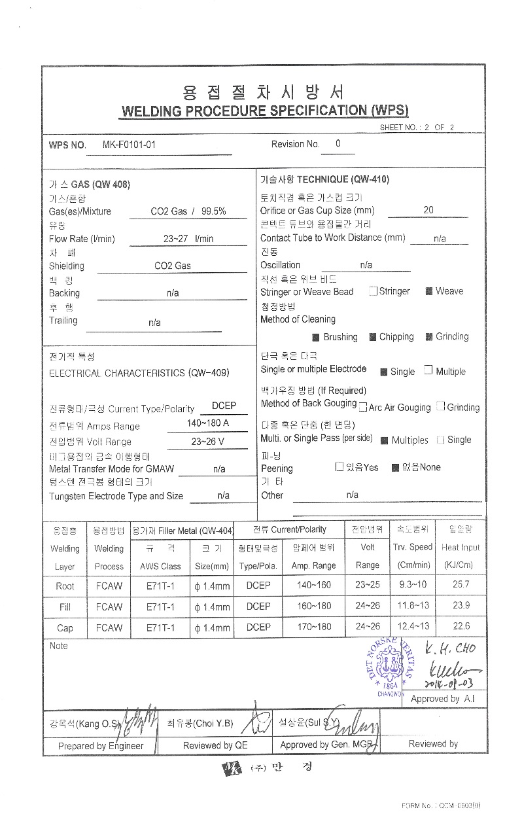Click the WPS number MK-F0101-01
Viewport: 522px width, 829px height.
[129, 145]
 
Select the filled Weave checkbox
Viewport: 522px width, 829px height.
[429, 291]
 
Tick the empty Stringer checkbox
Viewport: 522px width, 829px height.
[373, 291]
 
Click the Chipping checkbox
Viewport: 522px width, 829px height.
[372, 337]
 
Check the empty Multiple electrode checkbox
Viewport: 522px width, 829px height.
[428, 370]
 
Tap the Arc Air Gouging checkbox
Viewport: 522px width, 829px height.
[363, 407]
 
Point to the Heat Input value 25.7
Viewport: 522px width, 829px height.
[461, 584]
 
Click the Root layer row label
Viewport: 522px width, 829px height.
[65, 586]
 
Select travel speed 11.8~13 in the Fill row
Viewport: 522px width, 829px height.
[413, 606]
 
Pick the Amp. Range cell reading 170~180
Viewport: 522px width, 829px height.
[314, 627]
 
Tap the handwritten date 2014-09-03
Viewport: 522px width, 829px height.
[448, 684]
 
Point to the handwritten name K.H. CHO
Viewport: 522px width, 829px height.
[449, 649]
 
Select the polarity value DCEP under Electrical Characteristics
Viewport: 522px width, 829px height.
[224, 406]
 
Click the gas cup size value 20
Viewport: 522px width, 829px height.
[428, 210]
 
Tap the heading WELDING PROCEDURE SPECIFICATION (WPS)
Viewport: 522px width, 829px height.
[265, 111]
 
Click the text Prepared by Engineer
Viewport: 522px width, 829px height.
[101, 745]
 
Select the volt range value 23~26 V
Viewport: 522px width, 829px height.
[208, 442]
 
